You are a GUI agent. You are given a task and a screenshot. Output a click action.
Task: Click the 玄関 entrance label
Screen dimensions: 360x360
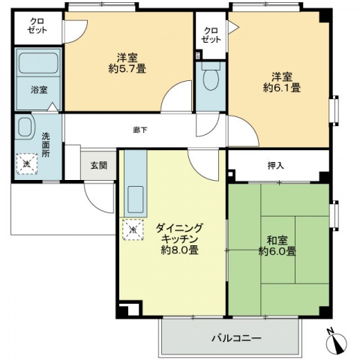click(99, 165)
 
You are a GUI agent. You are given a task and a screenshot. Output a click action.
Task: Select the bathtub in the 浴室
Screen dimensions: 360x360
click(38, 63)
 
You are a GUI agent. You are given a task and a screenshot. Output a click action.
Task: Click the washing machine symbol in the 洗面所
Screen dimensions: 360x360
click(27, 164)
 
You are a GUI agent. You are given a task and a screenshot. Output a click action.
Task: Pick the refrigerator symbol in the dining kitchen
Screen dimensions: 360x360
click(133, 229)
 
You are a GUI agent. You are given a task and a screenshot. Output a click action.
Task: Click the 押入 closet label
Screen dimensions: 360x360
click(276, 166)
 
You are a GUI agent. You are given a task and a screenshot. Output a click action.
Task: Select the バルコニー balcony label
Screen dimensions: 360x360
click(236, 338)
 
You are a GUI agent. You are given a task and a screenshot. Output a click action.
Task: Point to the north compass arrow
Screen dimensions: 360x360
click(337, 342)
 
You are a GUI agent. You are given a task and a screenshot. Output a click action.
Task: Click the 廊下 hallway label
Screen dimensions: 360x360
click(140, 130)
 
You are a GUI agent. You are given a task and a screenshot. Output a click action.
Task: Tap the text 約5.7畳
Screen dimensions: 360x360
click(127, 68)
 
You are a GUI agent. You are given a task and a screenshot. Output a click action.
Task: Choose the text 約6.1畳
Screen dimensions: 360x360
click(282, 88)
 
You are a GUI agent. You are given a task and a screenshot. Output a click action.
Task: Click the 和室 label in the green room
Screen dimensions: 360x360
click(277, 240)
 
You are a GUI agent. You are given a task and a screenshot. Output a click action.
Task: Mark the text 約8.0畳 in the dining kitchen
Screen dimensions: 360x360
click(180, 250)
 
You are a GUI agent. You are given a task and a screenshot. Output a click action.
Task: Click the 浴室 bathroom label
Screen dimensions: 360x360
click(39, 90)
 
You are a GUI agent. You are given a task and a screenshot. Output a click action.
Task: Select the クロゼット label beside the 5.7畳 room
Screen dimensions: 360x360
click(37, 25)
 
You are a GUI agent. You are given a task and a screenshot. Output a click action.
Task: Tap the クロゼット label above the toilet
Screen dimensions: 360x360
click(211, 35)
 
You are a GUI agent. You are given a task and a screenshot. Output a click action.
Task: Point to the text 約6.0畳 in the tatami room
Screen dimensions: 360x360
click(277, 251)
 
